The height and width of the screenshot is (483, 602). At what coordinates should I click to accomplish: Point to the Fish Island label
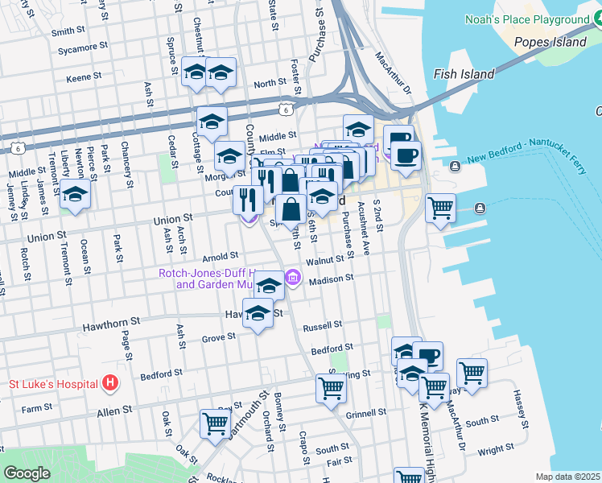pyautogui.click(x=464, y=74)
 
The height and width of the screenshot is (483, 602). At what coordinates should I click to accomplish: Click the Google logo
pyautogui.click(x=26, y=473)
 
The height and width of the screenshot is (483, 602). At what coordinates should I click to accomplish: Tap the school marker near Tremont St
pyautogui.click(x=75, y=194)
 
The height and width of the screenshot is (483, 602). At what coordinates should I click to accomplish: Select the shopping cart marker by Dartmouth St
pyautogui.click(x=215, y=423)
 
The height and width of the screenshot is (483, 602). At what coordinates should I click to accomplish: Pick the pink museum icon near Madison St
pyautogui.click(x=292, y=279)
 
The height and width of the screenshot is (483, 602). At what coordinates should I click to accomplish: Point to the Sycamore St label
pyautogui.click(x=84, y=47)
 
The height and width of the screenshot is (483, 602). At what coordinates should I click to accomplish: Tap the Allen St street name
pyautogui.click(x=113, y=411)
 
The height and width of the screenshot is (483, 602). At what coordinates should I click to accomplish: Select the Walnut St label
pyautogui.click(x=330, y=260)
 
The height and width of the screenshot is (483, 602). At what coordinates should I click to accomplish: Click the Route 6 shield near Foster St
pyautogui.click(x=285, y=107)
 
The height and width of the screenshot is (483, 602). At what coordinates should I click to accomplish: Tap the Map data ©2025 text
pyautogui.click(x=568, y=477)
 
